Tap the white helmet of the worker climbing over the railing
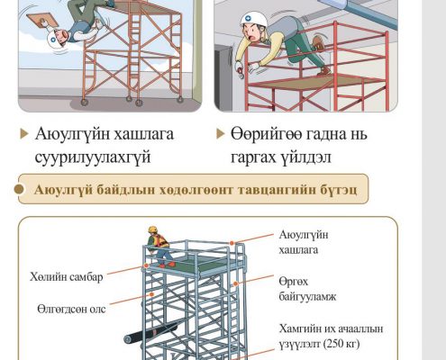tap(254, 20)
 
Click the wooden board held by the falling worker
tap(40, 21)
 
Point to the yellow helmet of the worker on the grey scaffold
tap(152, 229)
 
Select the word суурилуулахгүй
tap(93, 157)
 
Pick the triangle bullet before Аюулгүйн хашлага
tap(24, 134)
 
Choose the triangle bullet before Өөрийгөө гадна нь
tap(221, 133)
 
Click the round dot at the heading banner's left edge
tap(19, 189)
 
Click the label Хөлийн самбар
tap(66, 276)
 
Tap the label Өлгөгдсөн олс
tap(71, 309)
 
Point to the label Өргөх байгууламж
tap(307, 289)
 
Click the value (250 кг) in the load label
tap(341, 344)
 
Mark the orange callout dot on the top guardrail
tap(232, 243)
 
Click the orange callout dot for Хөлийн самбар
tap(146, 265)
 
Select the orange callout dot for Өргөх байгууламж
tap(236, 283)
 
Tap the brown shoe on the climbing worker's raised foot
tap(318, 43)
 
